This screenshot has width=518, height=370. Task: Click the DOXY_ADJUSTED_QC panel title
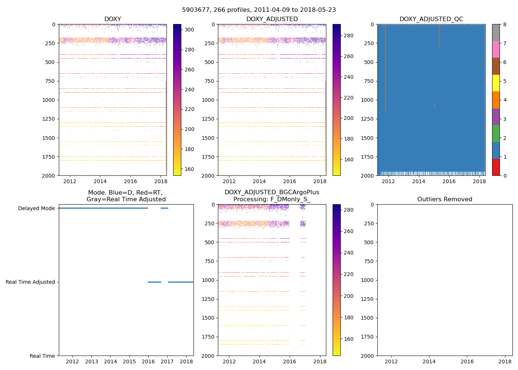431,19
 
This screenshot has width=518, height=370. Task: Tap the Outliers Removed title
445,199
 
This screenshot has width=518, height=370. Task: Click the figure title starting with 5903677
259,10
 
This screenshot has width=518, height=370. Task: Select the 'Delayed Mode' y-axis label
36,208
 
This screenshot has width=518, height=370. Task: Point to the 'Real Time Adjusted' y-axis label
30,282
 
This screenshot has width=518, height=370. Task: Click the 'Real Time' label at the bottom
42,356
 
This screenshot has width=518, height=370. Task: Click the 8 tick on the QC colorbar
504,24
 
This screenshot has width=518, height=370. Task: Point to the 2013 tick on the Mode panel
91,361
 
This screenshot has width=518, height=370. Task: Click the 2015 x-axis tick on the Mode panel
129,361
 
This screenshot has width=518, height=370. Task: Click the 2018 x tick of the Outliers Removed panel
505,361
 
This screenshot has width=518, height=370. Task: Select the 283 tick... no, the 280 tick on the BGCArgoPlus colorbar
349,210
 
